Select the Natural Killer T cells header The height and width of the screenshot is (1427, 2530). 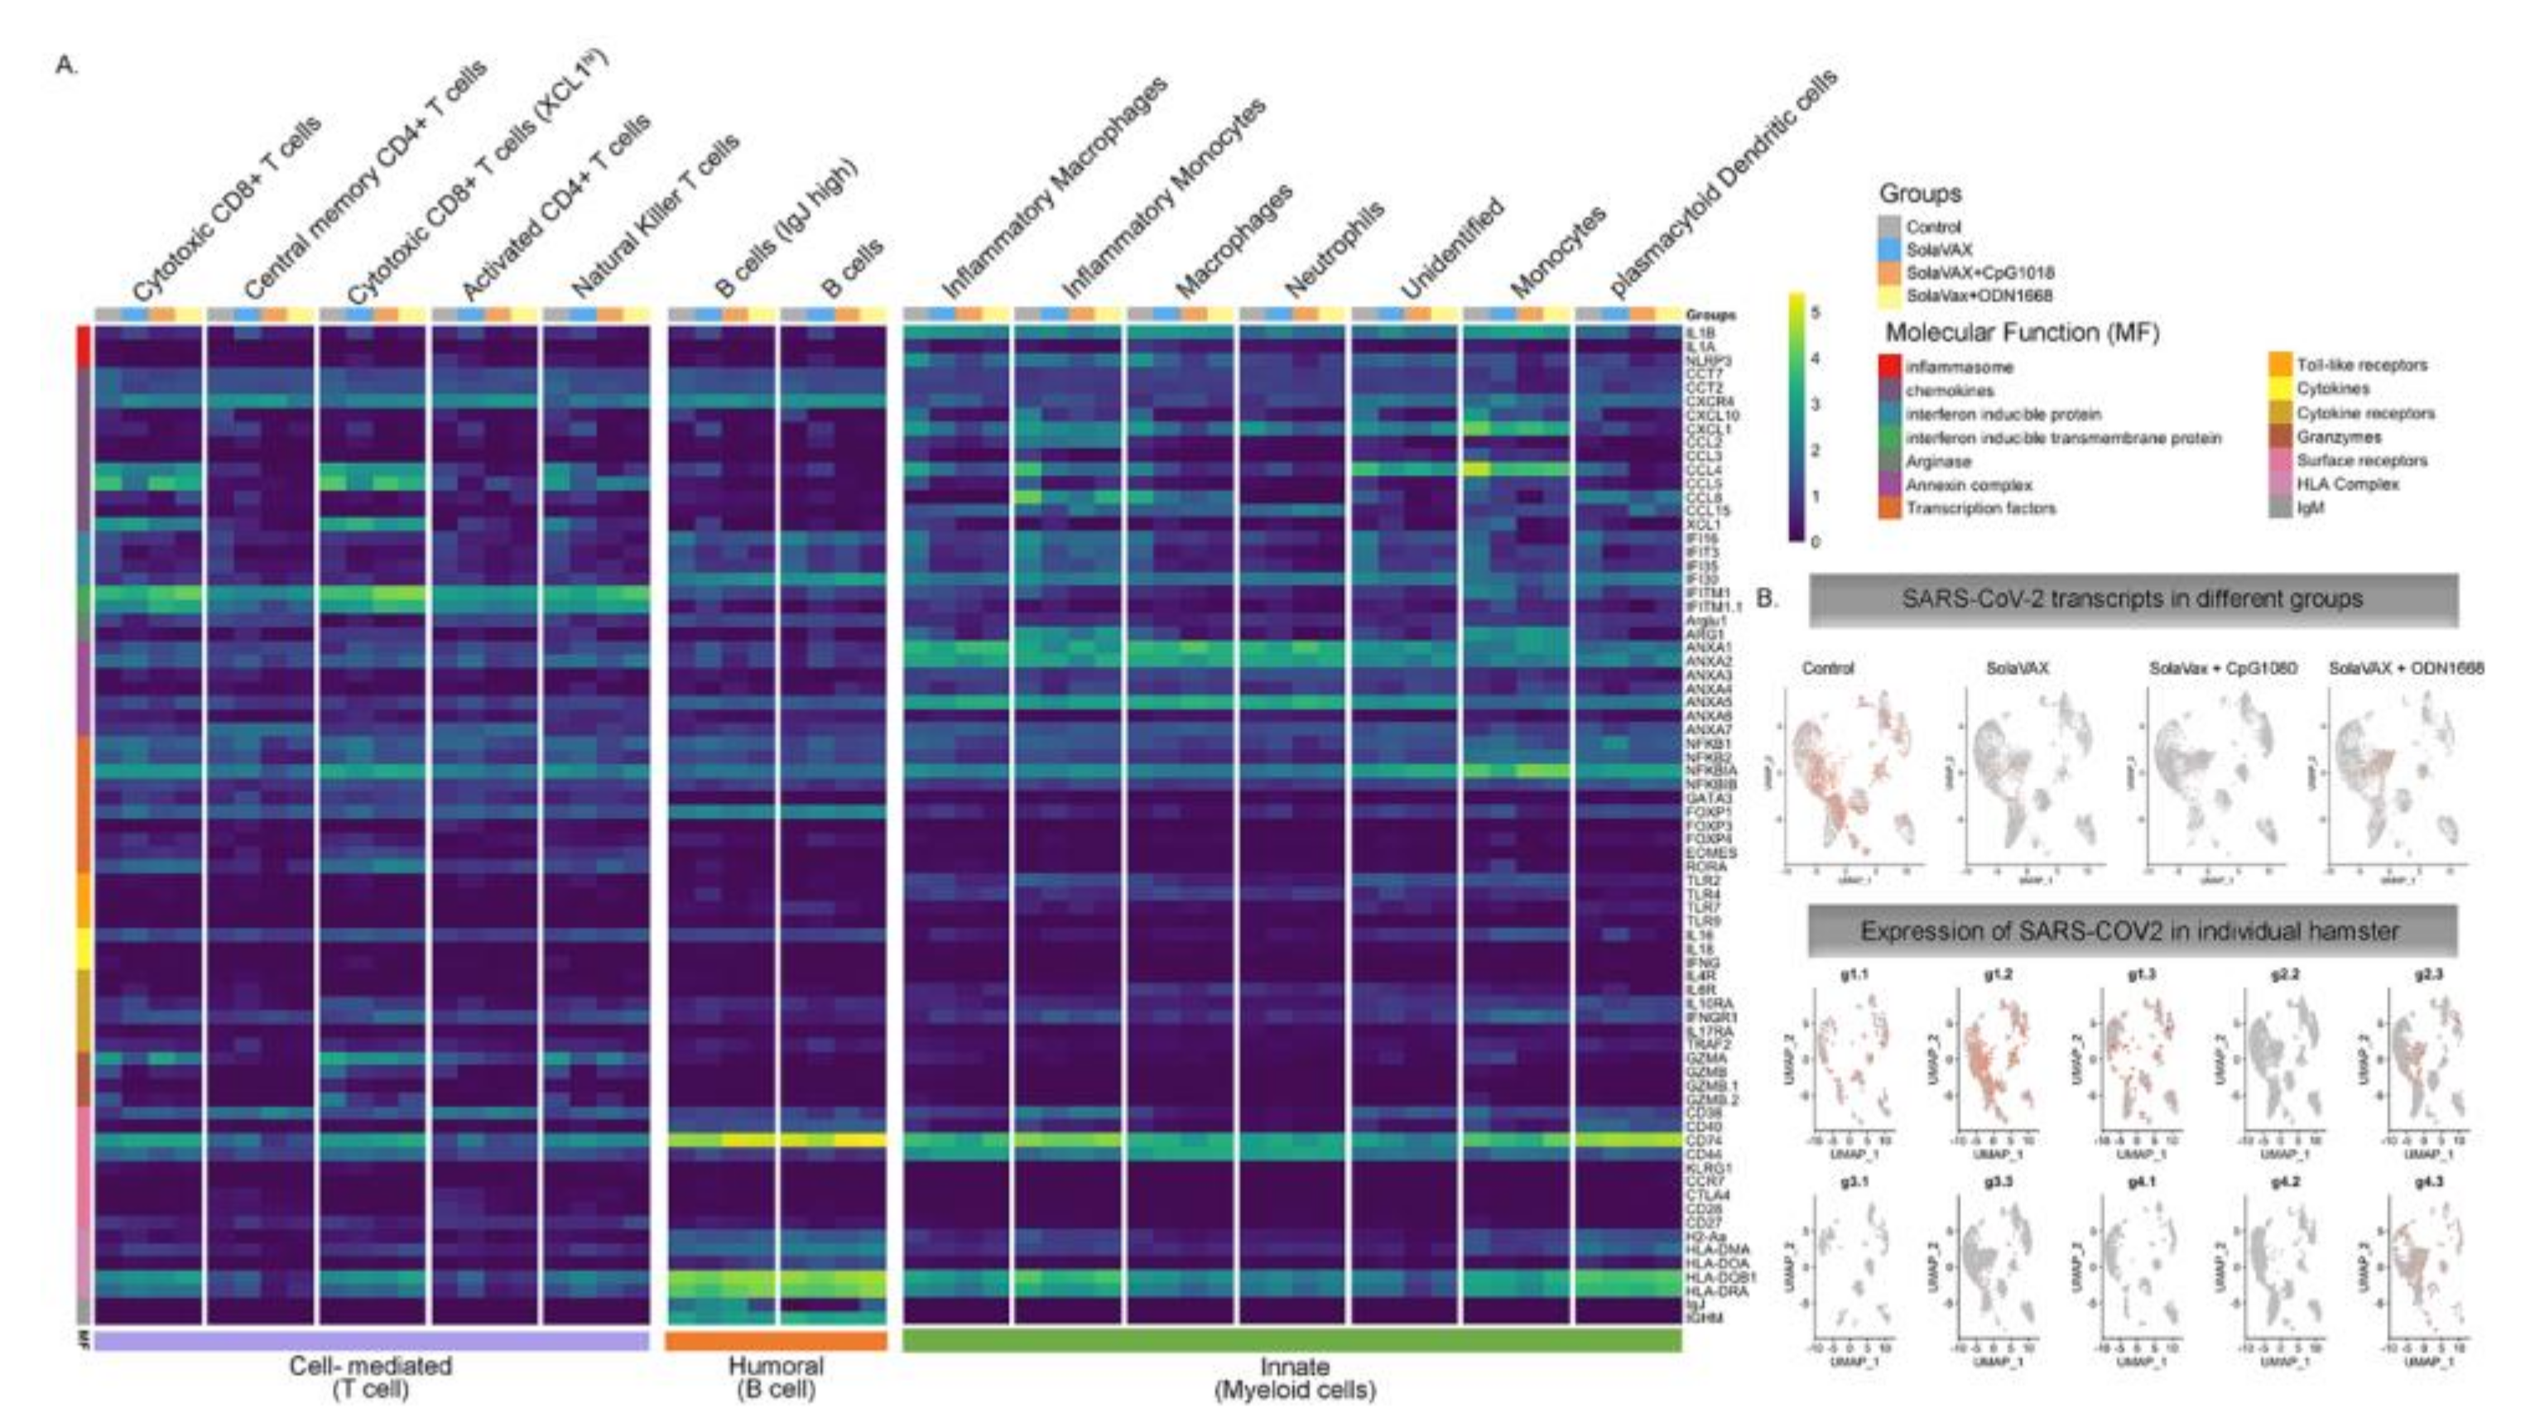655,217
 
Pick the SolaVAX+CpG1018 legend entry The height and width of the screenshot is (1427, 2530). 1979,272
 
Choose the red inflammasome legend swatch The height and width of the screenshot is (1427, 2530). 1891,368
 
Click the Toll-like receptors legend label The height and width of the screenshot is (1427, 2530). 2361,365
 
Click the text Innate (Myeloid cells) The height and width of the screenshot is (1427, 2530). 1295,1379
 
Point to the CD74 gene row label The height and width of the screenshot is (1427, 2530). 1704,1141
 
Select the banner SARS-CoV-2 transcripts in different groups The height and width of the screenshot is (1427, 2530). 2133,599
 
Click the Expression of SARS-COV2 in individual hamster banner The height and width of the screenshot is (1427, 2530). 2133,931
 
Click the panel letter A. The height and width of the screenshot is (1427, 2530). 65,67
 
